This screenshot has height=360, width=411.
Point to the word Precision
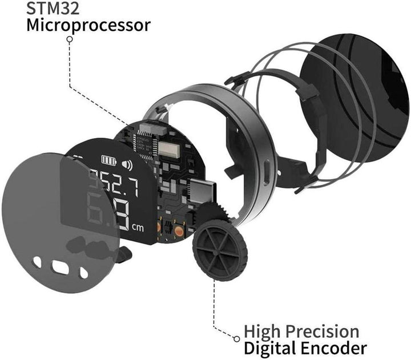[328, 331]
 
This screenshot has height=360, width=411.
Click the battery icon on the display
[108, 160]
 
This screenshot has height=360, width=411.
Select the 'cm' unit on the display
[138, 228]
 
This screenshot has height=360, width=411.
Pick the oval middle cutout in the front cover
[60, 266]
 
